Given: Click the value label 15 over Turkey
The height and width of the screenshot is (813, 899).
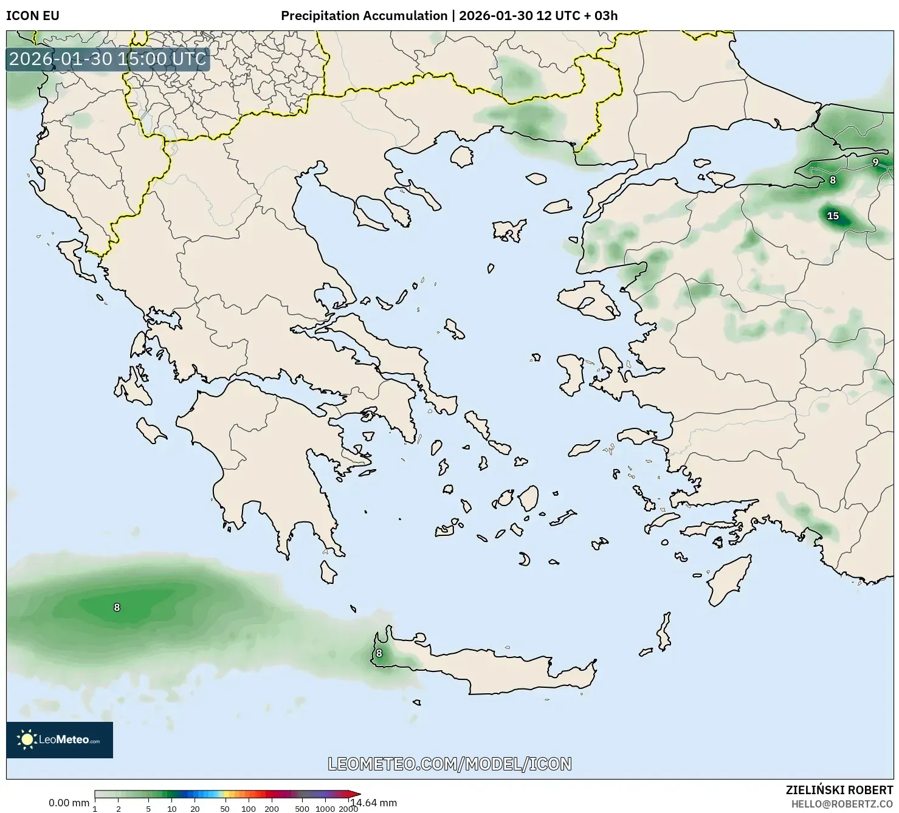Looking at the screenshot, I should click(x=833, y=216).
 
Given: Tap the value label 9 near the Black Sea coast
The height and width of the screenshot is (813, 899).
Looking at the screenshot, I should click(x=875, y=162).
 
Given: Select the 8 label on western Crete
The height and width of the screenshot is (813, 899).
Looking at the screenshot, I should click(x=379, y=653).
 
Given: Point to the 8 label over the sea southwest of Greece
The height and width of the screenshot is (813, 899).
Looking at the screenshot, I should click(x=117, y=607).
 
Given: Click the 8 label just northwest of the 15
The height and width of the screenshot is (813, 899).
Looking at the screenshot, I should click(x=833, y=180).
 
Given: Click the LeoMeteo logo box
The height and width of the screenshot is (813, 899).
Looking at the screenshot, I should click(x=60, y=739).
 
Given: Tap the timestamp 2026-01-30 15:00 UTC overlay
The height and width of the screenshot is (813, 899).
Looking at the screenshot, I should click(x=108, y=59).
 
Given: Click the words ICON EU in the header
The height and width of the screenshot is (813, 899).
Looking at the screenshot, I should click(x=33, y=16).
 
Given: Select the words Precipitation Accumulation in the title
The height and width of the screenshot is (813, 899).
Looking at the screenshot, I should click(x=363, y=16).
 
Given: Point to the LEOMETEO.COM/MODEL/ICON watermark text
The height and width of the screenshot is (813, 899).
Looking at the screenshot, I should click(x=450, y=764).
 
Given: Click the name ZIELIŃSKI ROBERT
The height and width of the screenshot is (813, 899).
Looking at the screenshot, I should click(x=839, y=791).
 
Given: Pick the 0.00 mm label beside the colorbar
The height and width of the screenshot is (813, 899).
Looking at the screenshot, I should click(x=69, y=803).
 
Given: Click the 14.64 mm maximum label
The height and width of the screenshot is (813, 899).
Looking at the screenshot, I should click(x=374, y=803).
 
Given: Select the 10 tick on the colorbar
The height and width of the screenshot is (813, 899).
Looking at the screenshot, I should click(x=172, y=809).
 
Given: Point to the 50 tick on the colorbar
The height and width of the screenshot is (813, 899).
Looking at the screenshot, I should click(x=225, y=809).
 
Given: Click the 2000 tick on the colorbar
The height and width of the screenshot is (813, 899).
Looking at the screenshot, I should click(x=348, y=809).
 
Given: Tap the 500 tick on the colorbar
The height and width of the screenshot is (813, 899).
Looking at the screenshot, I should click(x=302, y=809).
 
